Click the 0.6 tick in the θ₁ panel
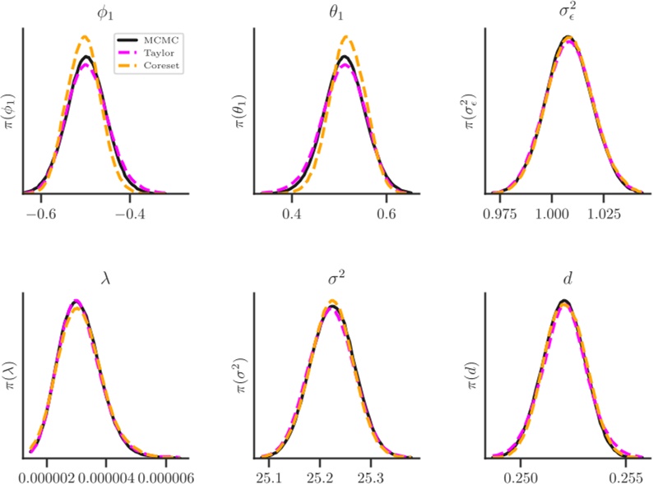tap(387, 212)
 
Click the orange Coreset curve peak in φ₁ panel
tap(85, 37)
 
